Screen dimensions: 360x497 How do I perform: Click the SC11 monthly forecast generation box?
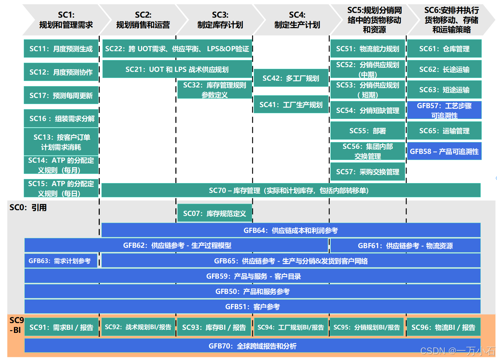point(61,49)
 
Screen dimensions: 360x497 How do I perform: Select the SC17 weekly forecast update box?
point(61,96)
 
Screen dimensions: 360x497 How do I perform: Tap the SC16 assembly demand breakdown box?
point(61,119)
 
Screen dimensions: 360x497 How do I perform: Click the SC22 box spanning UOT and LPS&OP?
point(177,49)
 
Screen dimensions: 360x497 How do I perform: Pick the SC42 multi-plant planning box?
point(291,78)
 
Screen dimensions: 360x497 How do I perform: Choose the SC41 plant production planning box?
point(291,105)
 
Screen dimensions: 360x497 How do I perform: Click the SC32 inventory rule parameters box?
point(214,90)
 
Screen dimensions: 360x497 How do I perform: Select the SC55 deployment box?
point(368,131)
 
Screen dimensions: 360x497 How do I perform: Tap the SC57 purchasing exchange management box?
point(368,172)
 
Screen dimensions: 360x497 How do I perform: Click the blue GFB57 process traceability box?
point(444,111)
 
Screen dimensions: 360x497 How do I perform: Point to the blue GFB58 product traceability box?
point(444,152)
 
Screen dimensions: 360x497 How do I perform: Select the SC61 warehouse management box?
point(444,49)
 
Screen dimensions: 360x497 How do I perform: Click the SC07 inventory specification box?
point(214,214)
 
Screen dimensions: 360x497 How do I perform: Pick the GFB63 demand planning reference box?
point(60,261)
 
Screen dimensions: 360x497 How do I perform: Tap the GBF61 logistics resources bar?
point(405,246)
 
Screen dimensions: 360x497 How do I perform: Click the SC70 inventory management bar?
point(291,191)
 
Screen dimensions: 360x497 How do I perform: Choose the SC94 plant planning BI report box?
point(291,327)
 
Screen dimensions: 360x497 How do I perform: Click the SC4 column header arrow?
point(297,20)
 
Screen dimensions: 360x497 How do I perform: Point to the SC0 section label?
point(28,207)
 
